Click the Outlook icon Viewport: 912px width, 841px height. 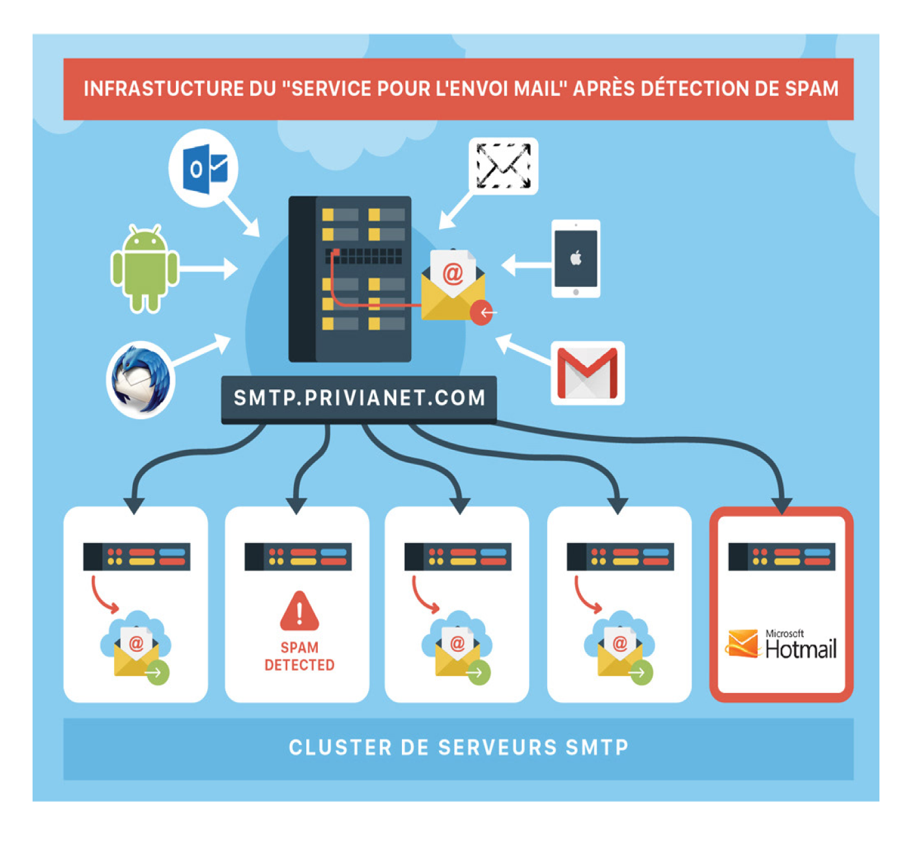(204, 168)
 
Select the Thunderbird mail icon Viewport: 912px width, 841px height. (140, 379)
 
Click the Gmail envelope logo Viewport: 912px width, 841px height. (588, 373)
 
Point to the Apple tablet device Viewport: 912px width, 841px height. (576, 259)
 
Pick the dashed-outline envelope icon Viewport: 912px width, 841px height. (504, 166)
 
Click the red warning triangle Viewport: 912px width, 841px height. (299, 612)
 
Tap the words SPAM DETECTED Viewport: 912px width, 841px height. (300, 656)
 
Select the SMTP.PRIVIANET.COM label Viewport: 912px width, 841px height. (359, 398)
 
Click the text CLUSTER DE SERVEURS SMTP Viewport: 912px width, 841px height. (459, 747)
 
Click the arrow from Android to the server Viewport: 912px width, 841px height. (208, 269)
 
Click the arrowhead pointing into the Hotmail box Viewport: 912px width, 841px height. (782, 505)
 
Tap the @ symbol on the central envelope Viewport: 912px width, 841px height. (453, 274)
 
